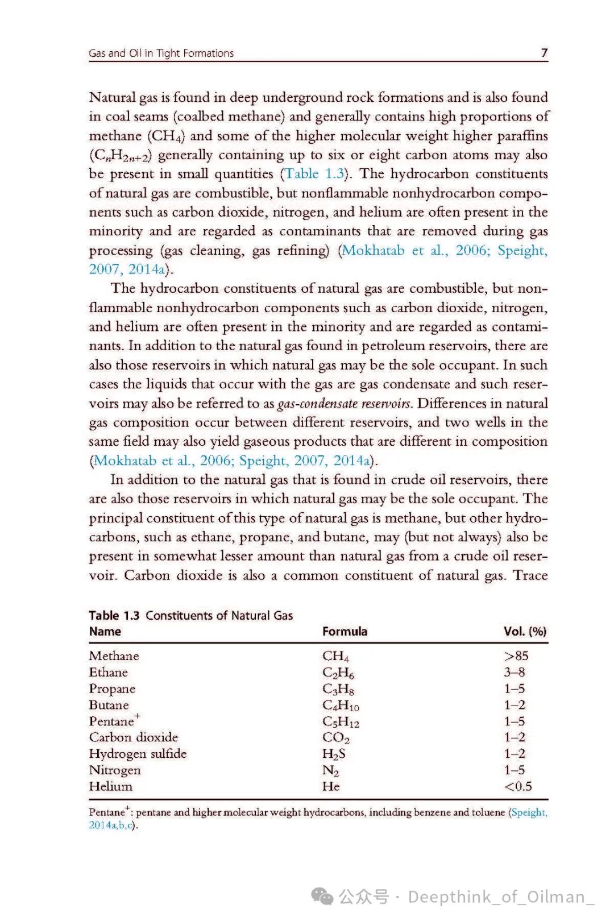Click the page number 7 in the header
point(544,53)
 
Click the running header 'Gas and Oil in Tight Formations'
point(161,53)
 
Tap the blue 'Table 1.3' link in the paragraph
point(315,173)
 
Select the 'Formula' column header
point(345,631)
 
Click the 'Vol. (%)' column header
point(525,631)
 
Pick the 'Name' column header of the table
point(105,631)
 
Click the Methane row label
point(114,656)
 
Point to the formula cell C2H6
point(338,673)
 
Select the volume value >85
point(516,656)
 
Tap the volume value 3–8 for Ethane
point(514,672)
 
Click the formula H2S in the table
point(334,754)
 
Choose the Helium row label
point(110,786)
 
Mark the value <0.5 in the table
point(518,786)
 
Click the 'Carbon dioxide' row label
point(134,737)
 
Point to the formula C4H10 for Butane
point(341,706)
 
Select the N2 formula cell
point(330,770)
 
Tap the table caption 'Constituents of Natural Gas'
point(219,615)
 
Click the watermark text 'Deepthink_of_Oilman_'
point(500,897)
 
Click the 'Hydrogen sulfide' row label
point(138,754)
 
